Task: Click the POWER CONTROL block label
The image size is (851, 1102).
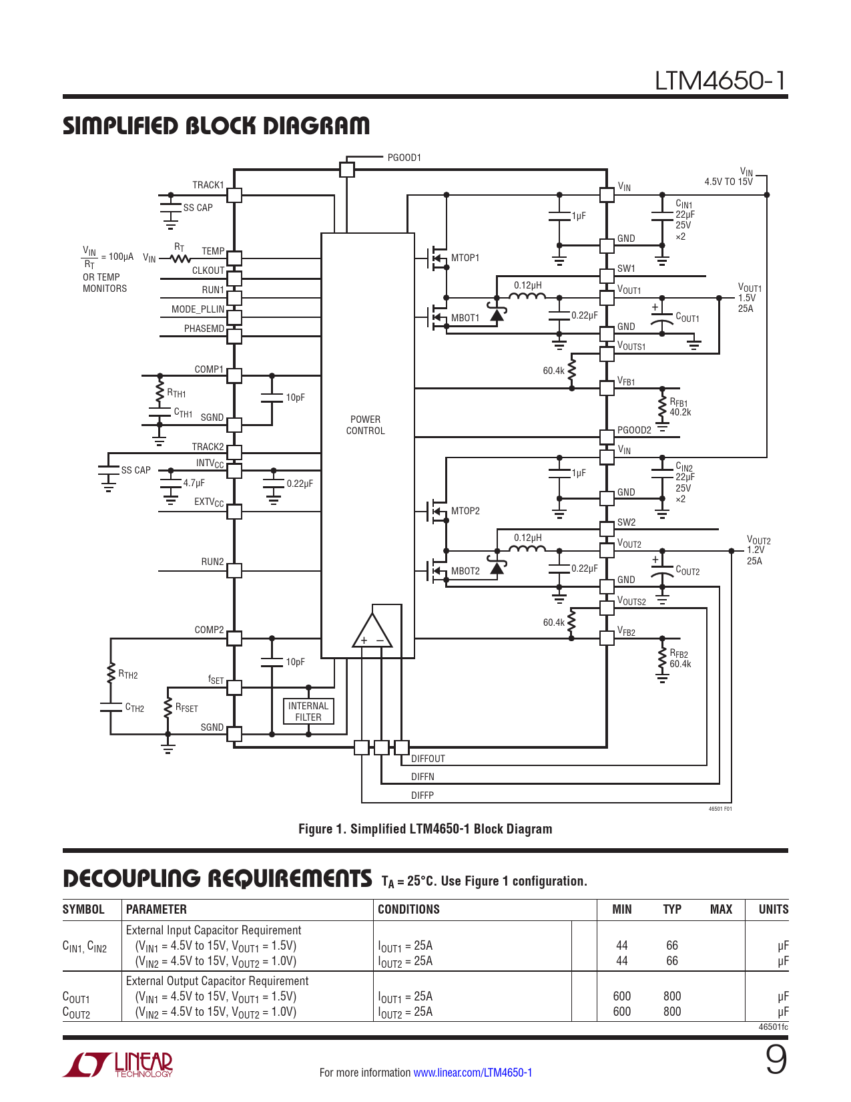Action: [365, 425]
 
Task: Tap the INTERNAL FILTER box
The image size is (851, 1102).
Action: [308, 711]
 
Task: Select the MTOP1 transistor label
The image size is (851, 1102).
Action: [465, 258]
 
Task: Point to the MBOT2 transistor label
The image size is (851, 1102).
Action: [465, 571]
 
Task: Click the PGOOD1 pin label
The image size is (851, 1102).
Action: [404, 158]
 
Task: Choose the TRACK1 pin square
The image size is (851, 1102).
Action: [234, 195]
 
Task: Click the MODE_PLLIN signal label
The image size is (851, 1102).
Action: [198, 309]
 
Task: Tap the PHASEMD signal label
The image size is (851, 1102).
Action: [204, 329]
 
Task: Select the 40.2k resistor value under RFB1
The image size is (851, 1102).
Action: [680, 413]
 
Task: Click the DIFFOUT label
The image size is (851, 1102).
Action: [428, 759]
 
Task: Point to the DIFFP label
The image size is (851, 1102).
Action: [422, 795]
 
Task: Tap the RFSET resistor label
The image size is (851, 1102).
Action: [186, 708]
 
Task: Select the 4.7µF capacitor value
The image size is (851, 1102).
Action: [194, 483]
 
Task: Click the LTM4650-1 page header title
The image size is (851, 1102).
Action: [720, 80]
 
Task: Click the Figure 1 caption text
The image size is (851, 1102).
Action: [425, 829]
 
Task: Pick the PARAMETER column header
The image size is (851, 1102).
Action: [156, 909]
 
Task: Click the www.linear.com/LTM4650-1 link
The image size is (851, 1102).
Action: [473, 1073]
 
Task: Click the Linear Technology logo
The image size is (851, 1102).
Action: [118, 1065]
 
